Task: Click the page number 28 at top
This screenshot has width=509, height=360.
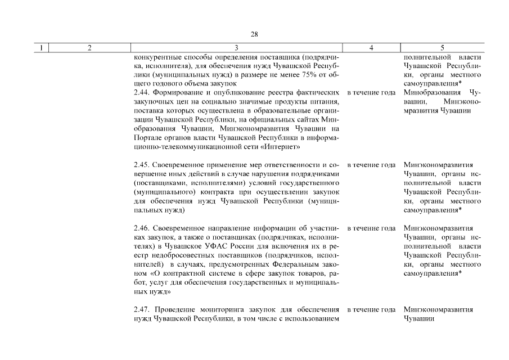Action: pos(254,34)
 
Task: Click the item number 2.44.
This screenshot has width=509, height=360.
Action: pos(142,92)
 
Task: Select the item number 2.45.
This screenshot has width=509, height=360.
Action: pos(142,165)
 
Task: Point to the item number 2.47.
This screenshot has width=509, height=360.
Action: pos(142,309)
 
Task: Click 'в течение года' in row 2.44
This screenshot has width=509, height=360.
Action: pos(371,92)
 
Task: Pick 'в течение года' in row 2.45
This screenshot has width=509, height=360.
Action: pos(371,165)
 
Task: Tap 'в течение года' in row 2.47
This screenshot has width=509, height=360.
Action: pos(371,309)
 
